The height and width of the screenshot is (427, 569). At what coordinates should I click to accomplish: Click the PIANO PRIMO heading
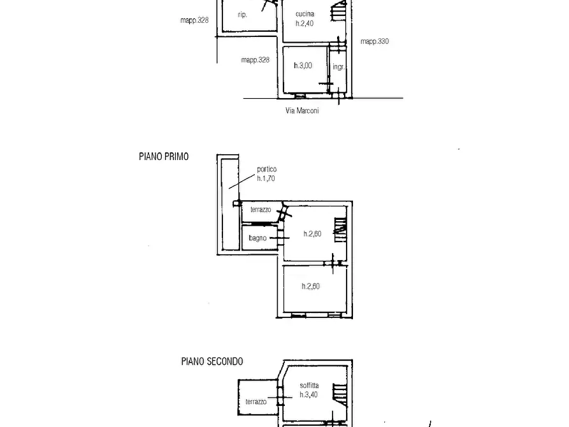(164, 157)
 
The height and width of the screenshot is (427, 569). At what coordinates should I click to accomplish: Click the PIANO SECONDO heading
(212, 361)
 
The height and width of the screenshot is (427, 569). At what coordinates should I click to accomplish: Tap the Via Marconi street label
(302, 110)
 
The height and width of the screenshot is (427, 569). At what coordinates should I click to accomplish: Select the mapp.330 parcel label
(375, 41)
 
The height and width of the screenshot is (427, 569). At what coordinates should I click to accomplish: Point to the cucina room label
(305, 14)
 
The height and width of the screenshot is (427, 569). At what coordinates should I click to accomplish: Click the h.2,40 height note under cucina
(305, 23)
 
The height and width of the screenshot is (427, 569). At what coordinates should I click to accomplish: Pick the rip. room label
(242, 15)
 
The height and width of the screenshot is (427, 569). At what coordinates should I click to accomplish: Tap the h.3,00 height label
(303, 66)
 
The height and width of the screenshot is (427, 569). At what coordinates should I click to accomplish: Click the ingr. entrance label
(338, 67)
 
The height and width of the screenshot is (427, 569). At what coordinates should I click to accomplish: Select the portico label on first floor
(267, 169)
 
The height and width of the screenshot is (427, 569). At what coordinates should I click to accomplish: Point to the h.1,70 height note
(266, 178)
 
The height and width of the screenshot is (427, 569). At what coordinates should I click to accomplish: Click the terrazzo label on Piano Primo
(261, 210)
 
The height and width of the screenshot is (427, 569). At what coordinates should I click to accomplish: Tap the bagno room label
(257, 238)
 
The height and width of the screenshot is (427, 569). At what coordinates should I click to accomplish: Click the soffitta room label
(309, 386)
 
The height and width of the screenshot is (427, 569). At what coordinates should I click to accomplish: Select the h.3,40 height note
(309, 394)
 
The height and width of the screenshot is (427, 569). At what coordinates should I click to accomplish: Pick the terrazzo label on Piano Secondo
(256, 402)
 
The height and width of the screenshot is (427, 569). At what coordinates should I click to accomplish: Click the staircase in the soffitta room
(340, 394)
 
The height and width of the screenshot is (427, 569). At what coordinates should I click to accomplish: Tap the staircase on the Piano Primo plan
(340, 229)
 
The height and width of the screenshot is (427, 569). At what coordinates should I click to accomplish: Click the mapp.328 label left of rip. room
(194, 20)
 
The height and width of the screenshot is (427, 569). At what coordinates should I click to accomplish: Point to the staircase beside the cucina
(338, 11)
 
